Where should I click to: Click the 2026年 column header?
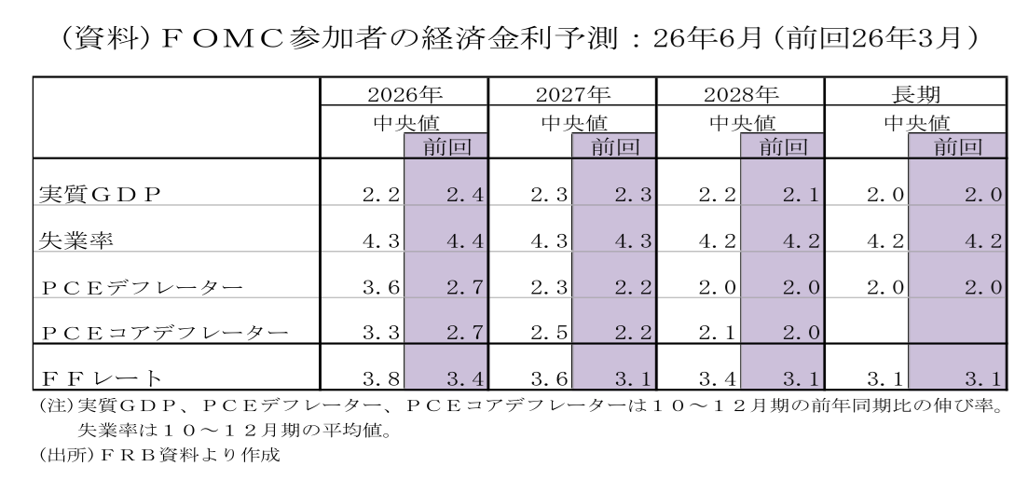[x=404, y=94]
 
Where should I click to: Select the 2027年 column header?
[x=573, y=94]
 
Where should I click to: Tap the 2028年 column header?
[x=741, y=94]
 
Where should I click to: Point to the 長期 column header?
[x=916, y=94]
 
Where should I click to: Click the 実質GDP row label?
[x=100, y=195]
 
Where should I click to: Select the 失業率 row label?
[x=76, y=240]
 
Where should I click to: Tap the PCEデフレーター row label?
[x=142, y=287]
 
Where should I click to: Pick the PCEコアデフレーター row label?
[x=165, y=333]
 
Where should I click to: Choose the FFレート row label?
[x=101, y=378]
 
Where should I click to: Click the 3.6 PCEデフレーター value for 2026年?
[x=381, y=287]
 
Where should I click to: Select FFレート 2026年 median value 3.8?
[x=381, y=378]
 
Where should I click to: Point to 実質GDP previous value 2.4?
[x=465, y=195]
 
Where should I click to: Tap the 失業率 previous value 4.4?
[x=465, y=240]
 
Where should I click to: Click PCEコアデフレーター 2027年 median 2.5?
[x=549, y=333]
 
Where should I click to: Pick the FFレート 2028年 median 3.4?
[x=718, y=378]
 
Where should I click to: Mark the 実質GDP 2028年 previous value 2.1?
[x=802, y=195]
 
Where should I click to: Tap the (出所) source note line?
[x=159, y=455]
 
